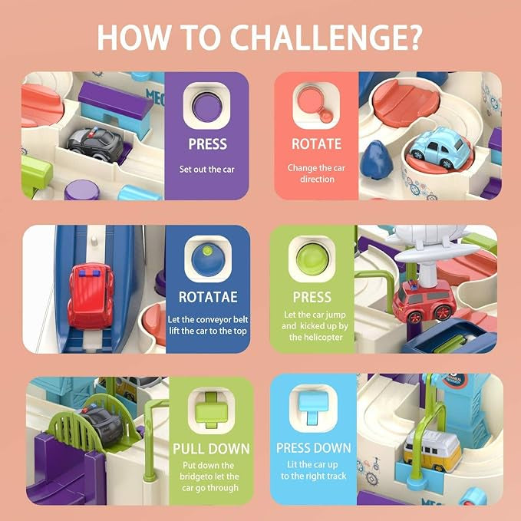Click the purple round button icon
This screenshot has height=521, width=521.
[x=206, y=106]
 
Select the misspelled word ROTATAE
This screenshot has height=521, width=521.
[x=208, y=297]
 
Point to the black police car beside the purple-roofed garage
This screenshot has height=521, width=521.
[x=95, y=143]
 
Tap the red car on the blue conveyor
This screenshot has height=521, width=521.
[x=91, y=295]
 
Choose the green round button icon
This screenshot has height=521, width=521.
[x=312, y=259]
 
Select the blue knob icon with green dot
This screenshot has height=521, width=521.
[x=208, y=259]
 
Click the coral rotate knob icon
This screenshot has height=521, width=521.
[x=315, y=104]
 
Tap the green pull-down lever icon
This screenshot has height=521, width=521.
[x=211, y=410]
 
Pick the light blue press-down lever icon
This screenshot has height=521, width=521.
[x=313, y=407]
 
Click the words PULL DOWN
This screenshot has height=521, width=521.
[x=211, y=449]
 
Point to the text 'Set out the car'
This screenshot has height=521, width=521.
[x=206, y=169]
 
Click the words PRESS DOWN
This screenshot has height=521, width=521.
[x=314, y=448]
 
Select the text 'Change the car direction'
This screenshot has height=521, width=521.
[x=317, y=173]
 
